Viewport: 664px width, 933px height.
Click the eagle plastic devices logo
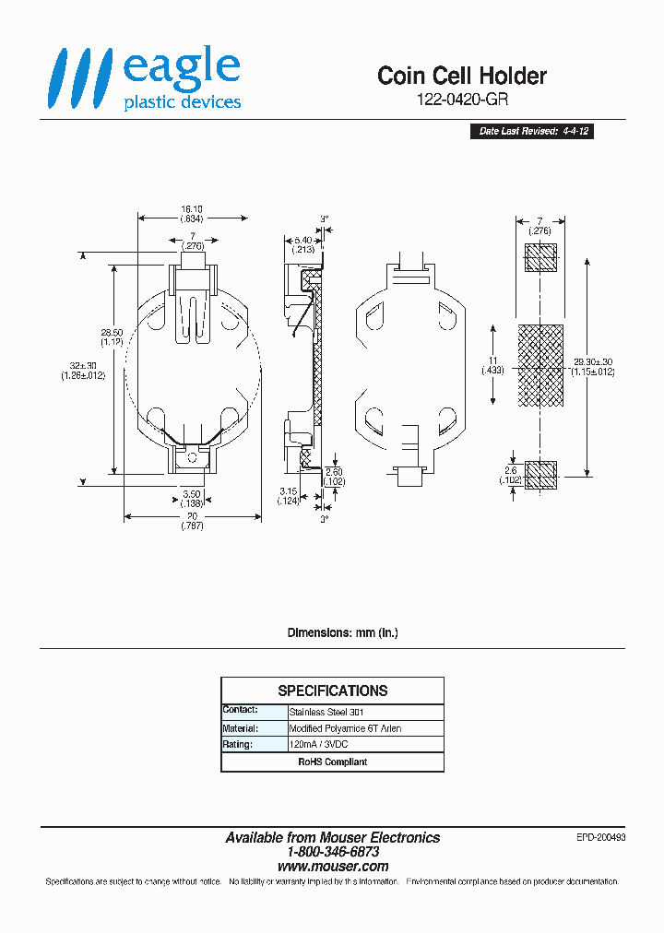145,80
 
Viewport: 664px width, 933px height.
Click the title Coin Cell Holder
461,77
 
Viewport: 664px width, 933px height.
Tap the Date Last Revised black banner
531,132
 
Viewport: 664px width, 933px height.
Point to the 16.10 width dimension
192,214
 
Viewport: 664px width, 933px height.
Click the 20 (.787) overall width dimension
192,521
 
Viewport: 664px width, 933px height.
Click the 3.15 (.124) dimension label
290,495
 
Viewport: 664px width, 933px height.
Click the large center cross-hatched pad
539,365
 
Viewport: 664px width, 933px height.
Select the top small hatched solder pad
540,258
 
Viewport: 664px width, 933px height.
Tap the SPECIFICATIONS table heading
332,691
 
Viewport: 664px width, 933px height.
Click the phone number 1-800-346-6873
332,853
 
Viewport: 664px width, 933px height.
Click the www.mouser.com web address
332,867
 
